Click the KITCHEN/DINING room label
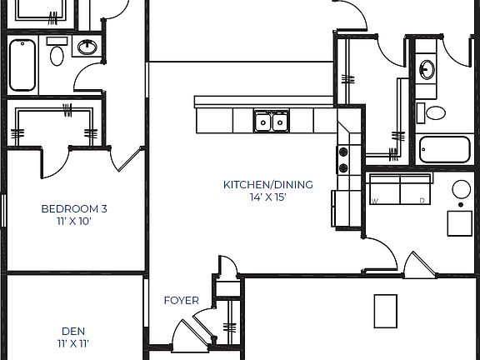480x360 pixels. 267,184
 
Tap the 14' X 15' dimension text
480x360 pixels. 267,197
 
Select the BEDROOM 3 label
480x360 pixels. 74,209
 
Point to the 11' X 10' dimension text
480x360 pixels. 74,222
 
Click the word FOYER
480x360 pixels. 181,301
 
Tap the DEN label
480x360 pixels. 73,331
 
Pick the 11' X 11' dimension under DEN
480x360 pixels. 73,343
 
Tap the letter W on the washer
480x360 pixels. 375,201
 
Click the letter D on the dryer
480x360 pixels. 422,201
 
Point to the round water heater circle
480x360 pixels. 462,189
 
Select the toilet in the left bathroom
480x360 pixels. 57,55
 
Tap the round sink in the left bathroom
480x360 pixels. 86,47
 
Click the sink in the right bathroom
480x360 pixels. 427,69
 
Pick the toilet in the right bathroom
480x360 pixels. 434,112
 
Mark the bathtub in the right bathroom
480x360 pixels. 445,149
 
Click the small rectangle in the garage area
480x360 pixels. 384,311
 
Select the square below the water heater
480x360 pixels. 460,223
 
